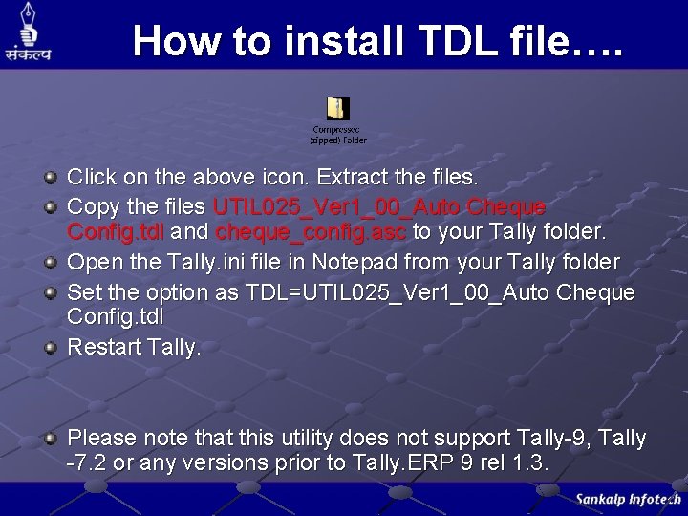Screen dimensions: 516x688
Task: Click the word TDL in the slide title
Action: pyautogui.click(x=453, y=41)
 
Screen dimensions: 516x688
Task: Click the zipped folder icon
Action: pyautogui.click(x=337, y=109)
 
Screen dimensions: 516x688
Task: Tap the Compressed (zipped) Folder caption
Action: pyautogui.click(x=337, y=134)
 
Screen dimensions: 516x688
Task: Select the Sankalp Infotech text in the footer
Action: pyautogui.click(x=628, y=499)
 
